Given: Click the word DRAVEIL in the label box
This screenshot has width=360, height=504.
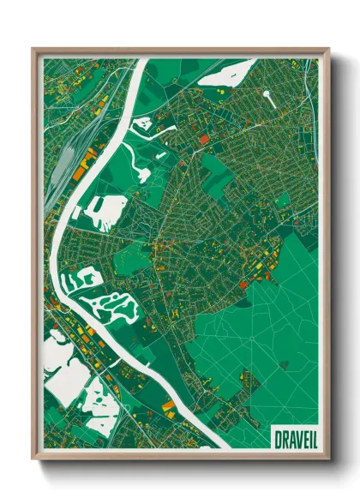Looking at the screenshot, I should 292,439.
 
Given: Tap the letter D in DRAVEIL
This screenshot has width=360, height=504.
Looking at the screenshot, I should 277,439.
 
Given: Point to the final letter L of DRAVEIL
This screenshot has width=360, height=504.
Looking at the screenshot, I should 309,439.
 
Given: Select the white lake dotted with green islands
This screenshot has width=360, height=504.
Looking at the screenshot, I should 117,304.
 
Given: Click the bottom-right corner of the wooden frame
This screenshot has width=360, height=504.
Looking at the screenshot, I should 328,458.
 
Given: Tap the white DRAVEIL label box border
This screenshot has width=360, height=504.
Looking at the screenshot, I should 292,428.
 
